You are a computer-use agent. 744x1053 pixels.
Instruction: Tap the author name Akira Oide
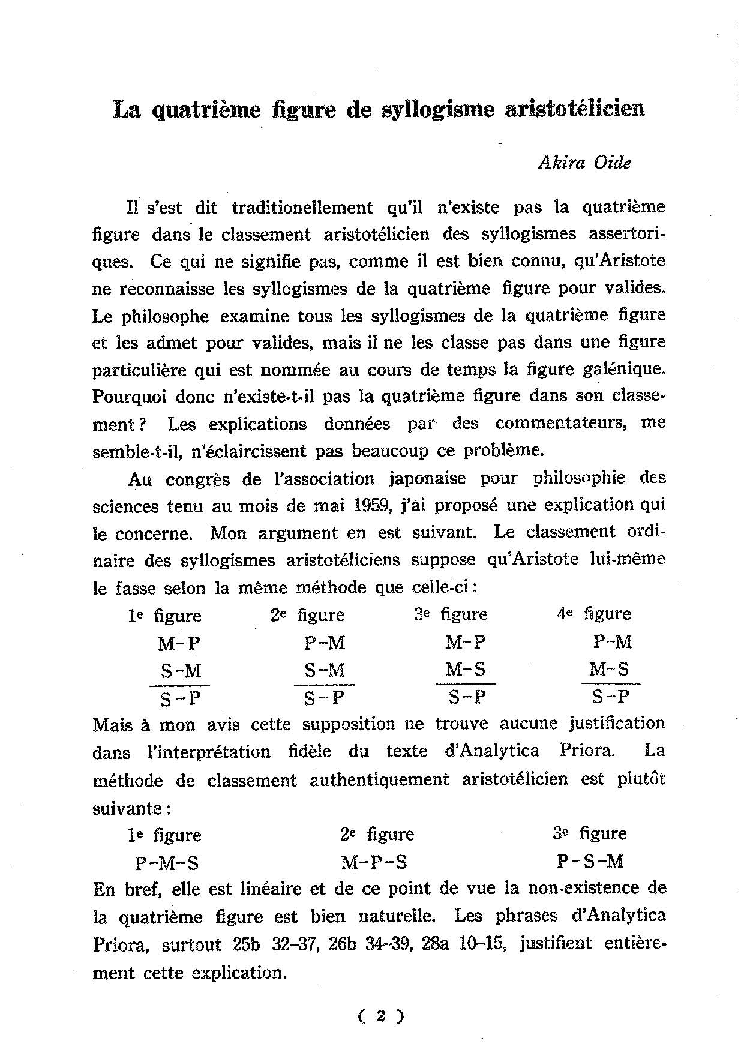click(584, 163)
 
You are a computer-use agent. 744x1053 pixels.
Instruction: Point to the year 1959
click(370, 505)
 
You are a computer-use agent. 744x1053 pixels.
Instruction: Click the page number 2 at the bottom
click(380, 1015)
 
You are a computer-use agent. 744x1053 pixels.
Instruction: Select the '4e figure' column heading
click(594, 614)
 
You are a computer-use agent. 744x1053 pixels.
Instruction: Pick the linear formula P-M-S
click(167, 863)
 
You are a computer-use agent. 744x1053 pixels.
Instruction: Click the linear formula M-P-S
click(374, 862)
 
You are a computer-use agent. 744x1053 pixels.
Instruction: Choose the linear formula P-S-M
click(590, 862)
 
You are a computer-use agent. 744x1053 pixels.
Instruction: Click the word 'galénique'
click(616, 370)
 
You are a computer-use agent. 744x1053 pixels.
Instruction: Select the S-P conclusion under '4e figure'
click(610, 697)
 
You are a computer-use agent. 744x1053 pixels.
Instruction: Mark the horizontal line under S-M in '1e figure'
click(179, 685)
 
